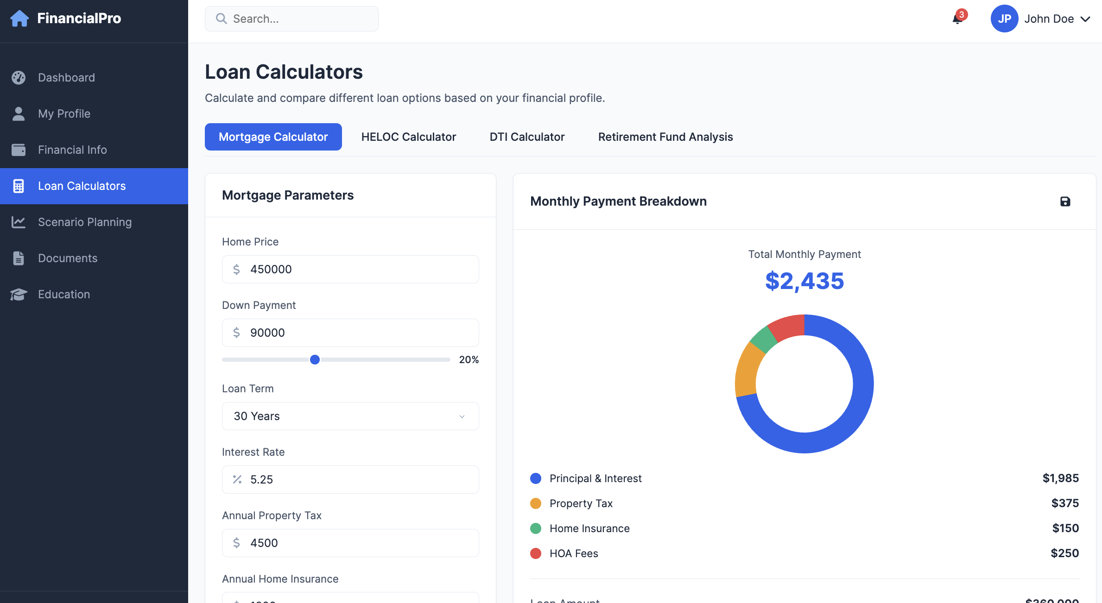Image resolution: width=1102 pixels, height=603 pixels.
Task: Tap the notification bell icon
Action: pos(957,19)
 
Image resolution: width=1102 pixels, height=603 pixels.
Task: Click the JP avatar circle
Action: pos(1004,19)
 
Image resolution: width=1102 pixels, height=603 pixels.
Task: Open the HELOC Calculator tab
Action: pos(408,137)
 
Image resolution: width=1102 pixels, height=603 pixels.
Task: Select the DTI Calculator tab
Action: pos(527,137)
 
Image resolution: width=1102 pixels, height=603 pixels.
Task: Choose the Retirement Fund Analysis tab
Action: pos(665,137)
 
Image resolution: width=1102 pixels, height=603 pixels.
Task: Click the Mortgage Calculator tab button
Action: pos(273,137)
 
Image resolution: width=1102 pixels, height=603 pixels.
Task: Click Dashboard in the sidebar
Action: pos(66,78)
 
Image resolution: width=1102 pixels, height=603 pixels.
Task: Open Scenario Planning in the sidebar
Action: pos(85,222)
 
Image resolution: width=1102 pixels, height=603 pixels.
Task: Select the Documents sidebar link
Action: pos(68,258)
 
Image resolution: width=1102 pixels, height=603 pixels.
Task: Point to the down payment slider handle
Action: pos(315,360)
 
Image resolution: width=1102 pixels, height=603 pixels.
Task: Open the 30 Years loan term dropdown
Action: pos(350,416)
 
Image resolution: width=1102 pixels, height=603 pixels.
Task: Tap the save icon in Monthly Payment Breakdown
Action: pos(1065,201)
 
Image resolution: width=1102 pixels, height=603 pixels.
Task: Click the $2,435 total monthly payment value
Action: pos(804,281)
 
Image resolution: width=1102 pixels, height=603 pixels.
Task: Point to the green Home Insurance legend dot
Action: pos(536,528)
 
